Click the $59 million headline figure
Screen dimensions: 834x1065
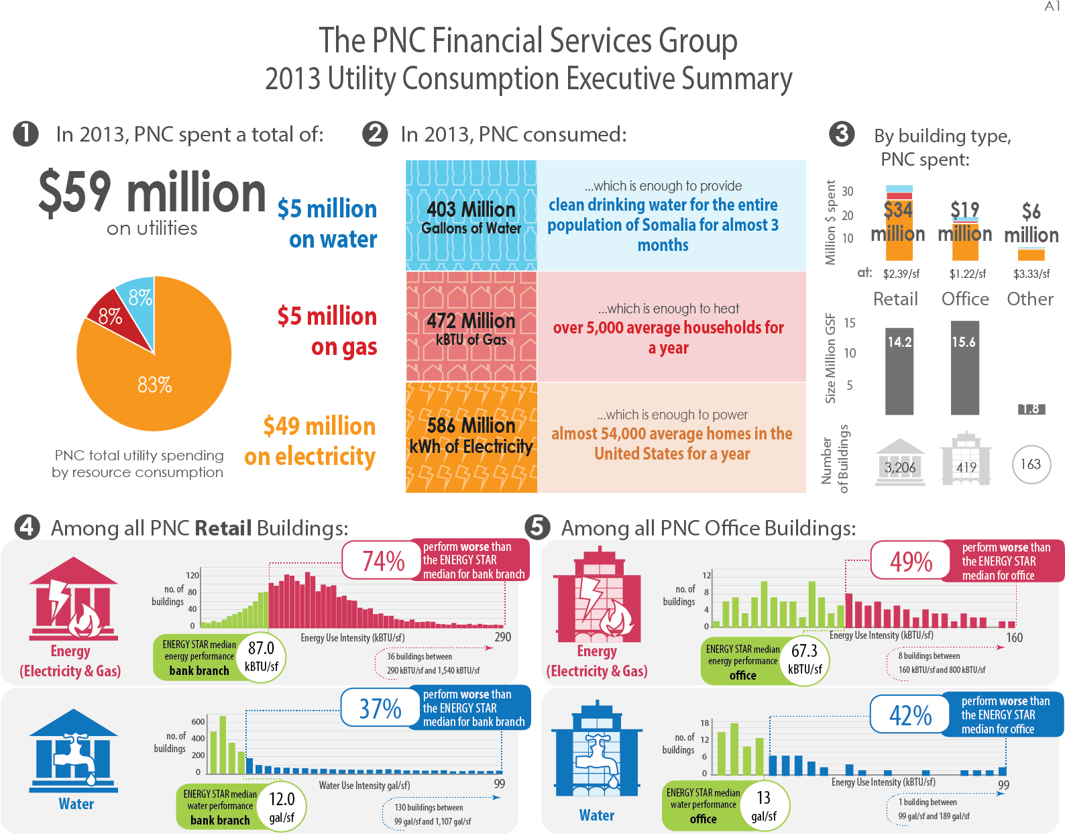[152, 193]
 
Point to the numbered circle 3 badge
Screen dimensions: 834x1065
[842, 134]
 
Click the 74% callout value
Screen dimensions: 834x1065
[383, 561]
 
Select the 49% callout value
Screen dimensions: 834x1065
[911, 562]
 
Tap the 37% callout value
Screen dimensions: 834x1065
[380, 709]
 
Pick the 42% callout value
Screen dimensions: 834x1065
[910, 715]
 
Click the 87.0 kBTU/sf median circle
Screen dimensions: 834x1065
[262, 658]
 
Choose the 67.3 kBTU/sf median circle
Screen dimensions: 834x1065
[805, 660]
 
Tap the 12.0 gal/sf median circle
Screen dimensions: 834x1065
[282, 807]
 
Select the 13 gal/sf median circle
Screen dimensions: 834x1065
[764, 806]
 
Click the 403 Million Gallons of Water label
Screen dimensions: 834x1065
[471, 217]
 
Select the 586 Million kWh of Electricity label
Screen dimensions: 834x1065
[471, 436]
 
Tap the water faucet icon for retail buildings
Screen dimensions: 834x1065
[74, 755]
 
